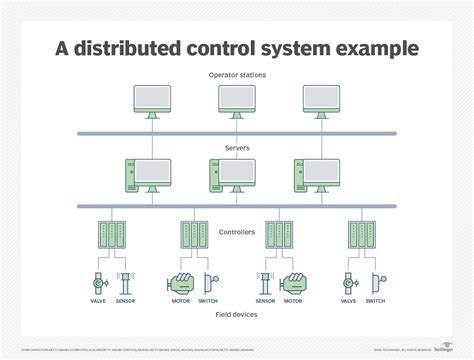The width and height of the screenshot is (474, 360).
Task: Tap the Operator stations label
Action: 236,75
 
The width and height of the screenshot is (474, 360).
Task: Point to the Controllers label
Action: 236,231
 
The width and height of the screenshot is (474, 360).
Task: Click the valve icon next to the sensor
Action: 97,283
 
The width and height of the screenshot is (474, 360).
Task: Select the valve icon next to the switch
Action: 348,283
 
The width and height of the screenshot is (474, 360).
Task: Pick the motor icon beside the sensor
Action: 294,283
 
